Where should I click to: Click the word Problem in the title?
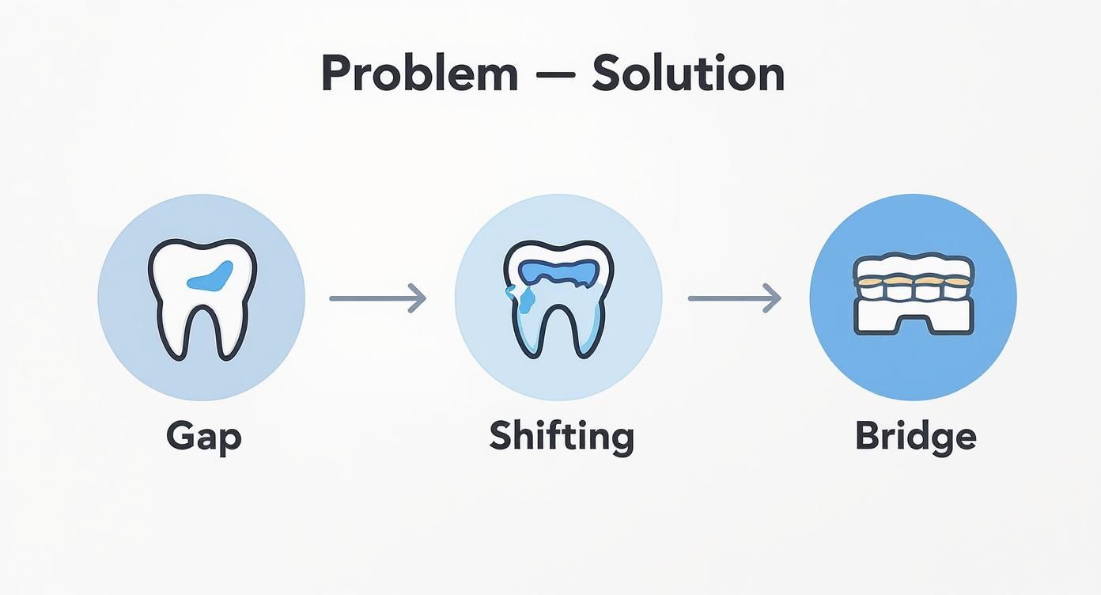tap(419, 74)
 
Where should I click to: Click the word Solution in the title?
tap(688, 74)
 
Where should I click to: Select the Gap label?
tap(203, 436)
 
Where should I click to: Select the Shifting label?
tap(562, 436)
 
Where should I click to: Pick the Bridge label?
tap(915, 436)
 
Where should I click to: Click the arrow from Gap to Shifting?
tap(377, 298)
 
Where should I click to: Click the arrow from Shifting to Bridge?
tap(734, 298)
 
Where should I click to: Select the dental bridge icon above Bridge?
tap(914, 297)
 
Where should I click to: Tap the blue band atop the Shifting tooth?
tap(560, 270)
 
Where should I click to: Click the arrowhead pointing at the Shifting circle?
tap(418, 298)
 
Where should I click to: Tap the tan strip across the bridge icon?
tap(914, 281)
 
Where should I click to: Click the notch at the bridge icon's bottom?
tap(914, 324)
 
